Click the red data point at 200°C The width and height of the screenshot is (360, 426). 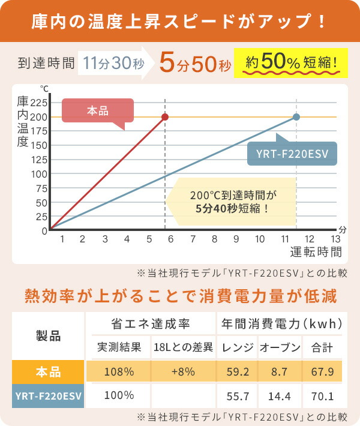(165, 117)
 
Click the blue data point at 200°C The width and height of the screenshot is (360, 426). (296, 117)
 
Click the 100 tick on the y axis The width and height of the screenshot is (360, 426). (38, 174)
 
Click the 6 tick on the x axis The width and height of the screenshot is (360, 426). (170, 239)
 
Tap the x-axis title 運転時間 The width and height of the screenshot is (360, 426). (316, 251)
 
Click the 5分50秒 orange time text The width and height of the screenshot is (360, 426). (195, 62)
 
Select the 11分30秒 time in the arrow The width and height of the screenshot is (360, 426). (114, 61)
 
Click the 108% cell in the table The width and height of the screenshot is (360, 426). (119, 372)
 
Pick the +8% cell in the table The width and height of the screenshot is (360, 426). (183, 372)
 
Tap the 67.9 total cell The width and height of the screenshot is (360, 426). (322, 372)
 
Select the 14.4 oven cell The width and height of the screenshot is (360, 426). (280, 397)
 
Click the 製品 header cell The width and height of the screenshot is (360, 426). (49, 336)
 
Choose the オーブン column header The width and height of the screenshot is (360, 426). (280, 347)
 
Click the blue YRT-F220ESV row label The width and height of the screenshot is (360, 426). (49, 397)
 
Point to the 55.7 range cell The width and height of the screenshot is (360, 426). (237, 397)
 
